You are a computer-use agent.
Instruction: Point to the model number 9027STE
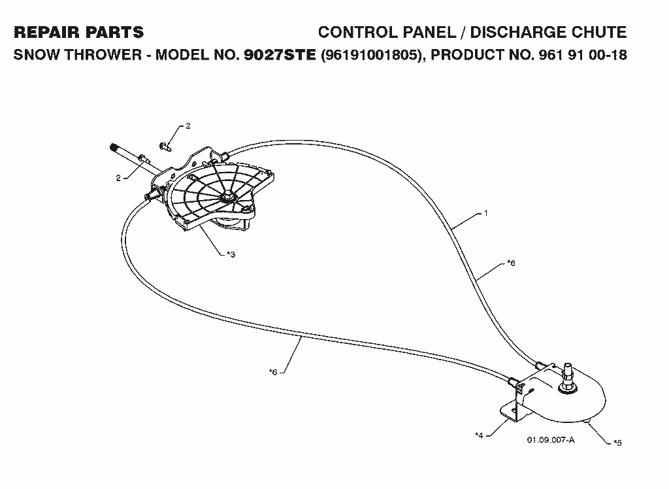(280, 55)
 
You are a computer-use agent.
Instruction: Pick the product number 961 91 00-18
(583, 55)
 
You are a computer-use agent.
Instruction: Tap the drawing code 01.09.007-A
(551, 440)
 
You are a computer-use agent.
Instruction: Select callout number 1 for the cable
(485, 212)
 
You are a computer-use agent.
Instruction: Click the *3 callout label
(231, 254)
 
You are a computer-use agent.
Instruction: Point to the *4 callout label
(479, 435)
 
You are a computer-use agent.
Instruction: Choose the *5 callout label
(617, 443)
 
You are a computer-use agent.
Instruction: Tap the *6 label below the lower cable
(273, 372)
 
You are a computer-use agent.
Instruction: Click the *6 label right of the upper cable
(511, 263)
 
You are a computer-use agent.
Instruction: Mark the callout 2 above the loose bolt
(188, 126)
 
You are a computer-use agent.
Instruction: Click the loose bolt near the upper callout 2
(165, 146)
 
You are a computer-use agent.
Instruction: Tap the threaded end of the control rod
(114, 148)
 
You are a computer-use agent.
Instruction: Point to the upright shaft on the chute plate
(568, 377)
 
